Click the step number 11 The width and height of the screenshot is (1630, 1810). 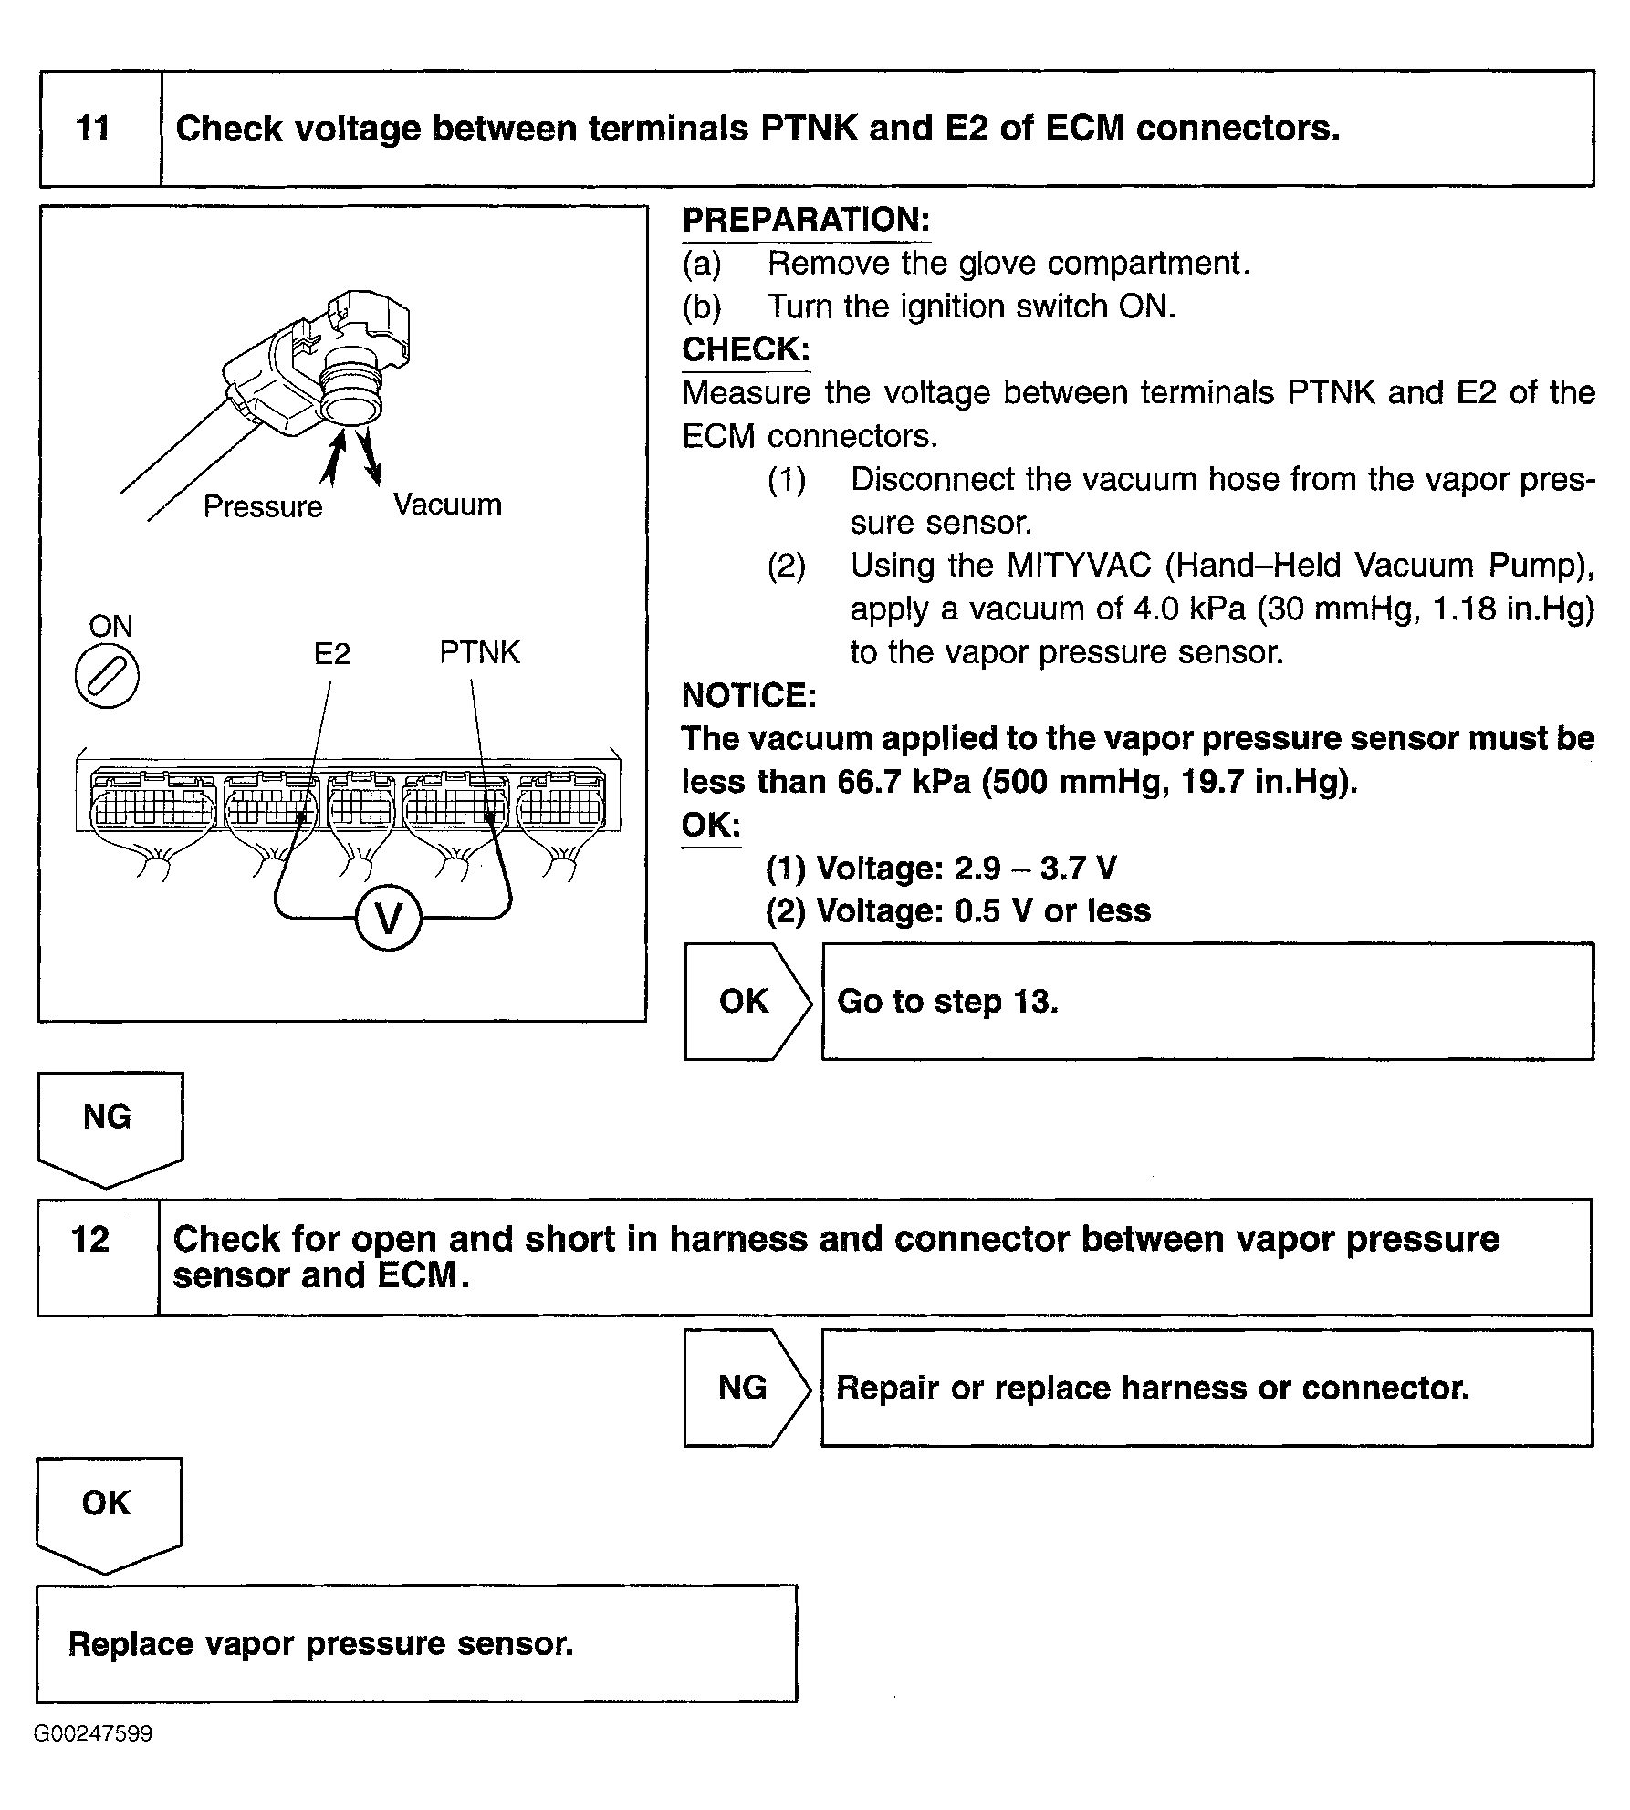click(93, 128)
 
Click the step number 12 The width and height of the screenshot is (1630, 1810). click(90, 1240)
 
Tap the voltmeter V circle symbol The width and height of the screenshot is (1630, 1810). click(389, 920)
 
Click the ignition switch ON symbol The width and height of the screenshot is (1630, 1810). click(107, 678)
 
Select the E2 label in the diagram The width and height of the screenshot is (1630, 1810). click(331, 654)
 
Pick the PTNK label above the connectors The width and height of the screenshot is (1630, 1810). click(479, 652)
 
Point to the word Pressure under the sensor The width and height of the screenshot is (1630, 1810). click(263, 506)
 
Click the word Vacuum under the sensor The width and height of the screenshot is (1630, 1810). click(447, 505)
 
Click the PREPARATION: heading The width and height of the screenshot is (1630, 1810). click(806, 220)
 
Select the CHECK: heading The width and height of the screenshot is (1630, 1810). click(746, 349)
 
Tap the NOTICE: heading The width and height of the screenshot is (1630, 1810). click(748, 695)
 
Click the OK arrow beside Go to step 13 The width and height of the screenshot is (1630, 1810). click(745, 1002)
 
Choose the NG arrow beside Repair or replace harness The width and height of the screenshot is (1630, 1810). click(743, 1388)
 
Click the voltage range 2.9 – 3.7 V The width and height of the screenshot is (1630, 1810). click(1035, 868)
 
